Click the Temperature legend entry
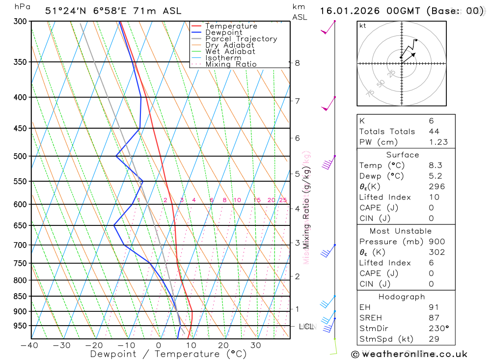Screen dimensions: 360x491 click(x=231, y=26)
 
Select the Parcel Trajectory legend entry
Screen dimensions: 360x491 click(x=241, y=39)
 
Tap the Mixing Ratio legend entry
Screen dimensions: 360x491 click(x=231, y=64)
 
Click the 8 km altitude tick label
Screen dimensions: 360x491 click(x=297, y=63)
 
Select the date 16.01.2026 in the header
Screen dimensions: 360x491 click(x=343, y=11)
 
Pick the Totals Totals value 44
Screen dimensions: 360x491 click(x=434, y=132)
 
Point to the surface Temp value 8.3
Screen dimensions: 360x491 click(x=435, y=166)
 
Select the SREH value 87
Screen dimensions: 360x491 click(x=434, y=318)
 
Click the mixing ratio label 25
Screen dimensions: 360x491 click(x=283, y=200)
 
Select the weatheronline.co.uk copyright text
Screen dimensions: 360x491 click(x=409, y=354)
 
